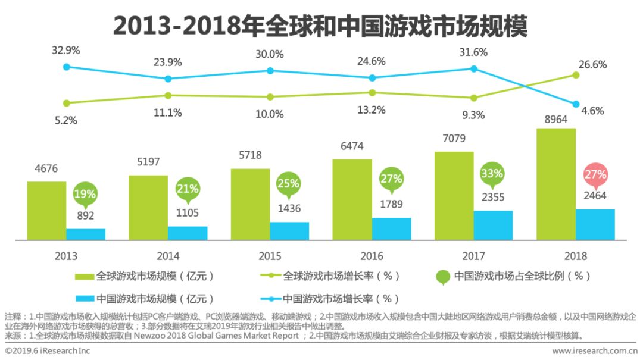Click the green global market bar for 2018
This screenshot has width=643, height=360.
(555, 184)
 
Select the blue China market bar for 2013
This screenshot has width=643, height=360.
(86, 234)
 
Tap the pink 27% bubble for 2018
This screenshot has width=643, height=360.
(595, 175)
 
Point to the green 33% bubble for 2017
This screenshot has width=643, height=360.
(493, 175)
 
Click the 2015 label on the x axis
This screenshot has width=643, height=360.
(270, 256)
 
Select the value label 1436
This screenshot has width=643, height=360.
(289, 209)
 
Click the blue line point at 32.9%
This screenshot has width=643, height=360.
(67, 67)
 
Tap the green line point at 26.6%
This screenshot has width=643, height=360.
(576, 75)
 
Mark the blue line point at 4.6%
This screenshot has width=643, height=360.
(576, 104)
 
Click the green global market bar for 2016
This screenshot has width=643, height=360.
(352, 199)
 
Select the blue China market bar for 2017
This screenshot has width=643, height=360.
(493, 225)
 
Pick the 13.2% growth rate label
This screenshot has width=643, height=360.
(372, 109)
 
